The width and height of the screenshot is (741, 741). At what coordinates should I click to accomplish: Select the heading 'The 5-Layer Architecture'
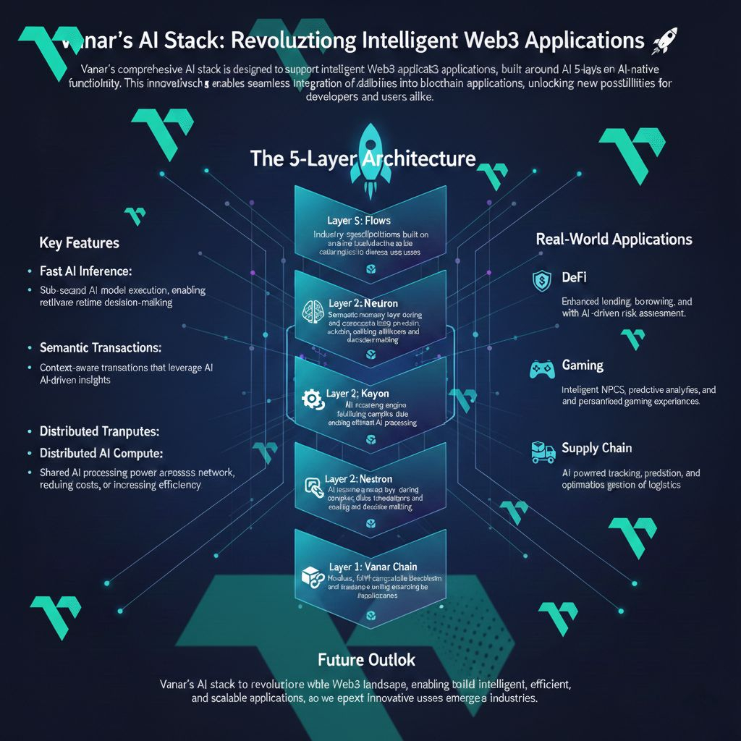point(363,158)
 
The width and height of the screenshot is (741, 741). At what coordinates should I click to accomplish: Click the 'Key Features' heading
point(80,243)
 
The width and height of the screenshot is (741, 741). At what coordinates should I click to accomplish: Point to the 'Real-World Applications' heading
point(614,240)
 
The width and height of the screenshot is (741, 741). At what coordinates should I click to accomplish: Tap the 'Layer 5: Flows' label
point(359,219)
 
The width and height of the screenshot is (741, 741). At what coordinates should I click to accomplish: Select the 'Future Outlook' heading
point(366,659)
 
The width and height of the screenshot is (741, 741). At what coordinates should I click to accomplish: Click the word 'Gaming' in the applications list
point(583,365)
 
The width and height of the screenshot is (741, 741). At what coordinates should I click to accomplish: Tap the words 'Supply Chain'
point(597,449)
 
